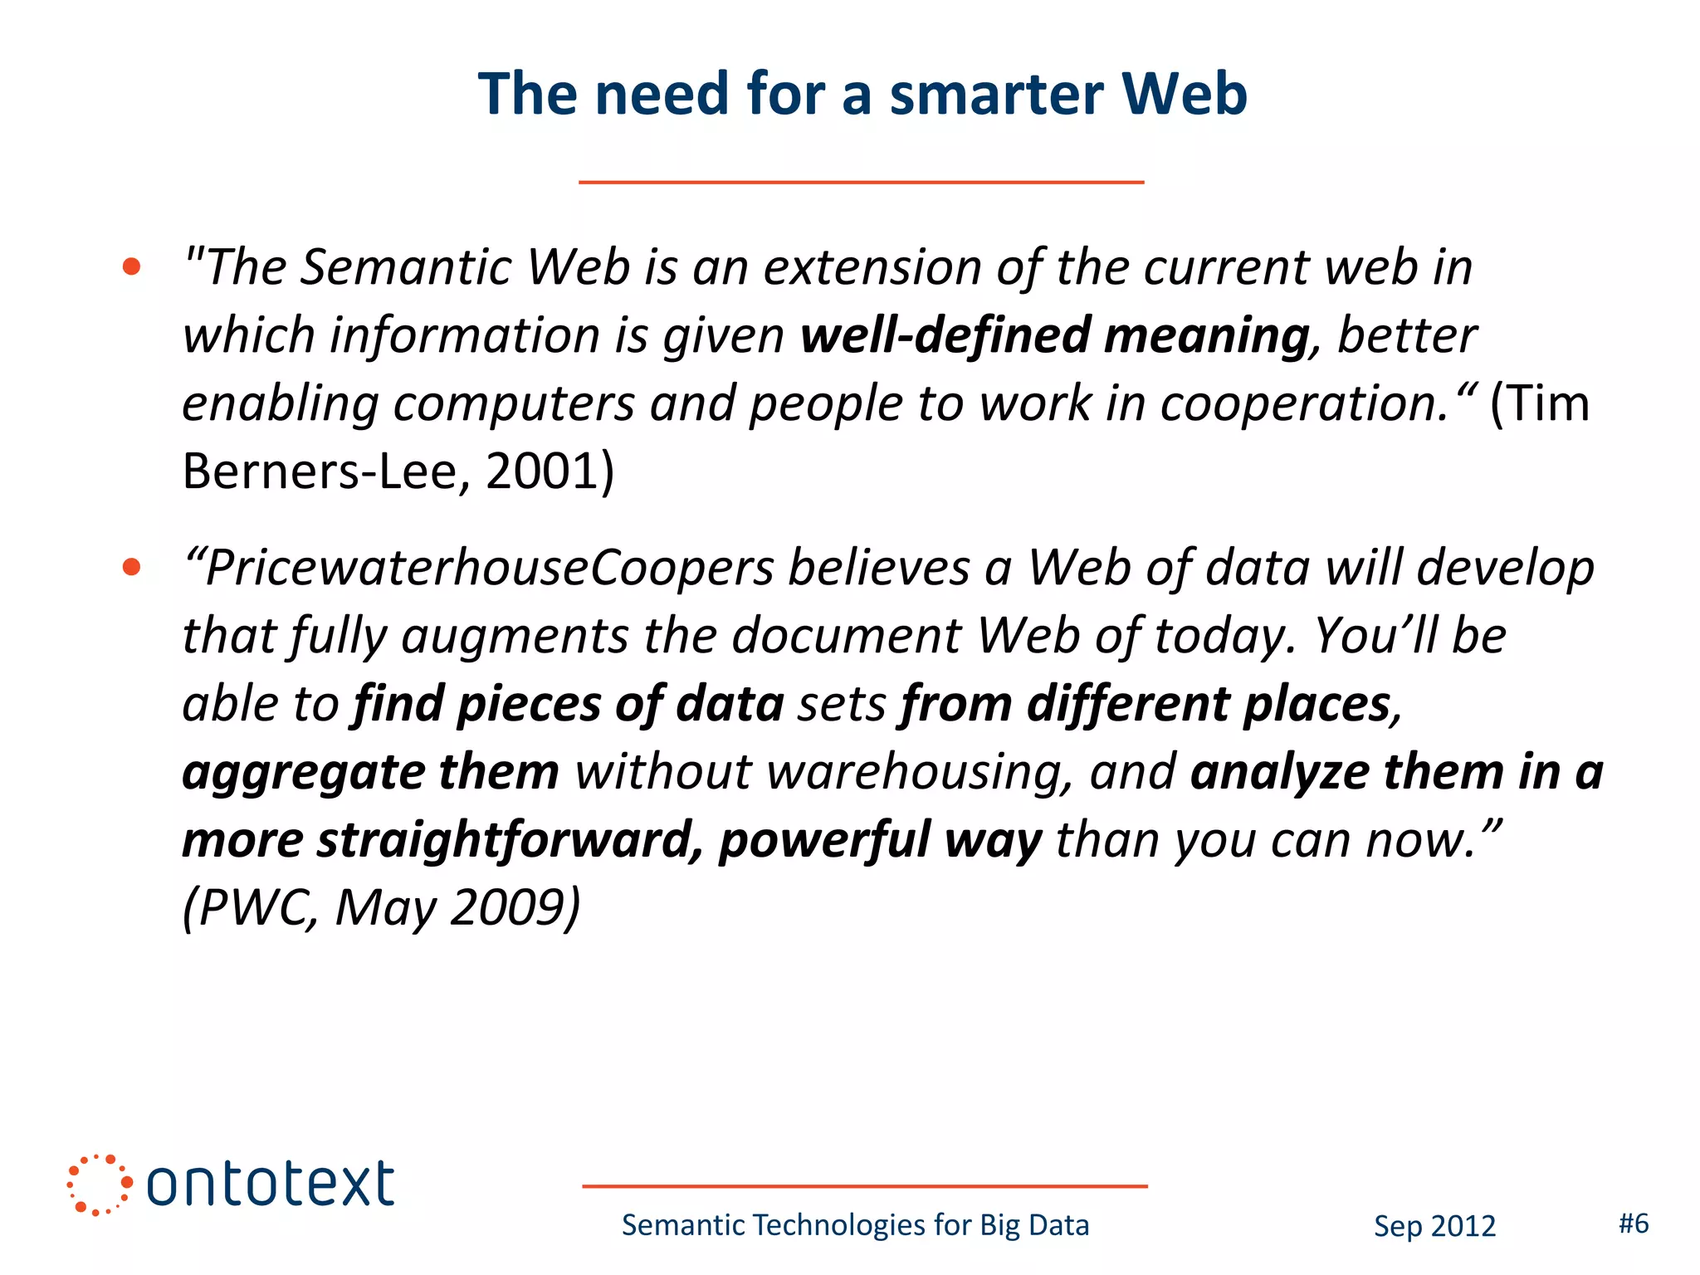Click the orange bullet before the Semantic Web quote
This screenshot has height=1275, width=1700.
131,266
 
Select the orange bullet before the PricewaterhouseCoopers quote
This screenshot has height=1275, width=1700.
131,567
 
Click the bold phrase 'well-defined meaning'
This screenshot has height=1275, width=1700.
1055,335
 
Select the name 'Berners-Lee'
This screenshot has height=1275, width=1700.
319,471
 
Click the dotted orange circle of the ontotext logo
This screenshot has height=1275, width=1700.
99,1185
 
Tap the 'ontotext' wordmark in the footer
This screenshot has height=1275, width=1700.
270,1185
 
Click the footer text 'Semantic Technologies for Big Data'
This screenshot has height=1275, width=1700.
855,1225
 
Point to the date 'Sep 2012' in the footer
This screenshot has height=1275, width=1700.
1434,1226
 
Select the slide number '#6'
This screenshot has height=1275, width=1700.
1634,1224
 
